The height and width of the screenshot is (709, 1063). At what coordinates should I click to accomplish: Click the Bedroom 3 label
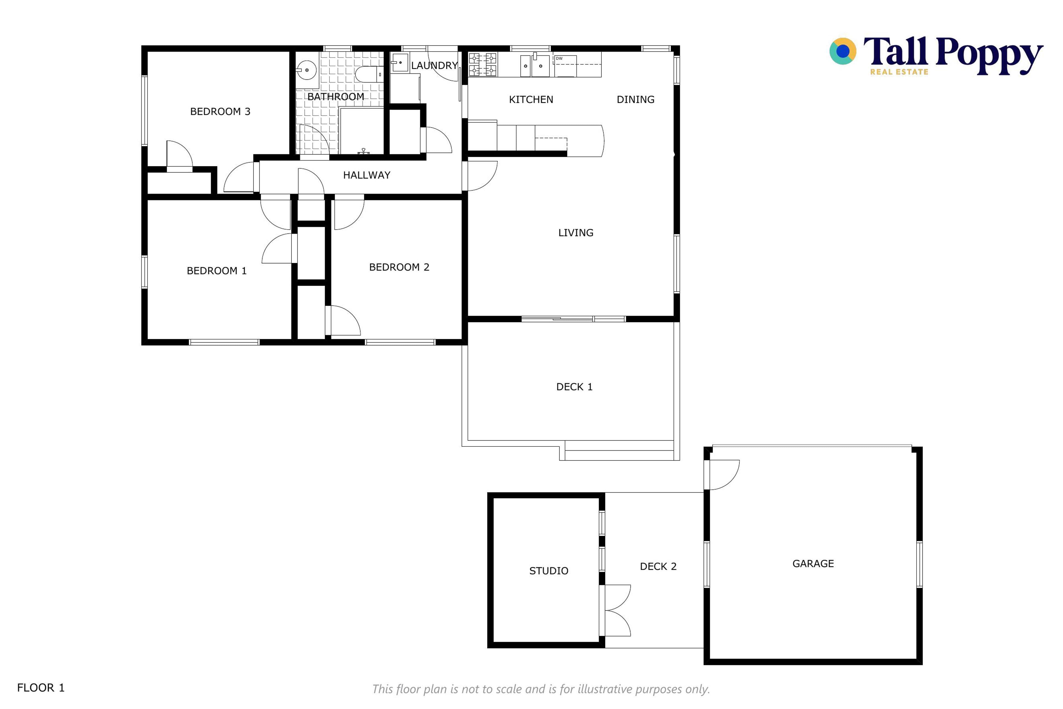220,112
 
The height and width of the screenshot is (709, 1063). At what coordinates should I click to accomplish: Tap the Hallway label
367,175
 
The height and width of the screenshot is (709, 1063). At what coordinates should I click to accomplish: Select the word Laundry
434,66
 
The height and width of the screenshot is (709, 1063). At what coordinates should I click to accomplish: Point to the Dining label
636,99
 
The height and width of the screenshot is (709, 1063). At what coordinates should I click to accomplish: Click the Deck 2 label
658,567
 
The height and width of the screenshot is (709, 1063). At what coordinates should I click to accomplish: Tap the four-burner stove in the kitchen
482,64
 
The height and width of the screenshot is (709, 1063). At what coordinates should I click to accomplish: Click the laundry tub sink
399,62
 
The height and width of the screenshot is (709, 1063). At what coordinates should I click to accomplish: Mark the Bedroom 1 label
216,271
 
